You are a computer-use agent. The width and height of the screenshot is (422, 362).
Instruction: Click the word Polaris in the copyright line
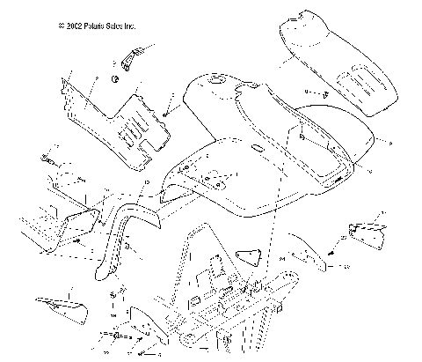[95, 26]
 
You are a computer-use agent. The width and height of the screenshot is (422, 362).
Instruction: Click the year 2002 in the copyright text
[73, 26]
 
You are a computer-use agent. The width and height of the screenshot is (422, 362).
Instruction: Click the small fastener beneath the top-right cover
[323, 92]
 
